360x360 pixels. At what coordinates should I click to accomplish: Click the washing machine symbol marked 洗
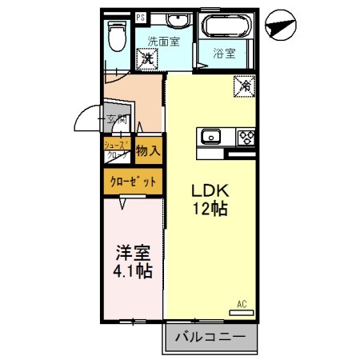147,58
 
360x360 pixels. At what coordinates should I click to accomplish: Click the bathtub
224,26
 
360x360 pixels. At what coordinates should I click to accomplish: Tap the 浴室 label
223,54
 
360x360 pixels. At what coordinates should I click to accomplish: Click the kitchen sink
213,136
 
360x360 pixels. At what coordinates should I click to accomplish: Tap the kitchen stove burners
245,136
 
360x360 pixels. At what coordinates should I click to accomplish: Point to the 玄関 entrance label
107,119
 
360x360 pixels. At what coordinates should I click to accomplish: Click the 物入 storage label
147,150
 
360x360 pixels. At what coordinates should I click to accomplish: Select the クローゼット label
131,182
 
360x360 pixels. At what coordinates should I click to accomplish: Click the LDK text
210,193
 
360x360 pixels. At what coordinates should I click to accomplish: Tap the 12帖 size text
210,210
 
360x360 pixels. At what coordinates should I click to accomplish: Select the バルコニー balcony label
210,338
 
